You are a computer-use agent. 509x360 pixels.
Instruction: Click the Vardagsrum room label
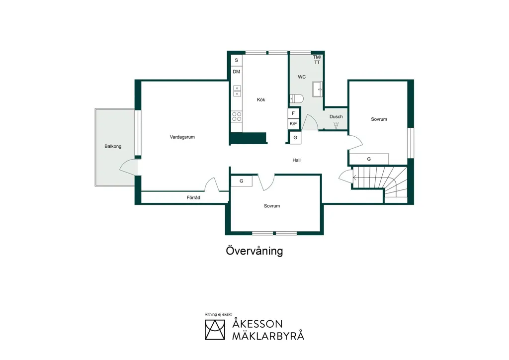click(x=182, y=137)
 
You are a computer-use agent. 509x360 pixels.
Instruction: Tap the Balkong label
click(x=113, y=146)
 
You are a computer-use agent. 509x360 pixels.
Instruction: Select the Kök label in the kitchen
click(x=260, y=99)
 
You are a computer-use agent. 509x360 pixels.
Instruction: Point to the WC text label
click(x=302, y=77)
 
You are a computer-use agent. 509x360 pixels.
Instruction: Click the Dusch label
click(x=336, y=116)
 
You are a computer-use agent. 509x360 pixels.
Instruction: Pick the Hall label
click(x=296, y=160)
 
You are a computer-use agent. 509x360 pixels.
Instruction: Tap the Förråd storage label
click(x=193, y=197)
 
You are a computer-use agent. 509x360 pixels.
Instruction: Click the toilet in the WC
click(x=296, y=98)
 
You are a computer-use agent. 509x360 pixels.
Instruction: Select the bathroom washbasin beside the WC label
click(x=318, y=90)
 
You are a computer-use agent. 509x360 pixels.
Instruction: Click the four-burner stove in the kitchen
click(x=237, y=116)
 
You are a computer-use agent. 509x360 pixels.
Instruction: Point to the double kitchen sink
click(x=237, y=91)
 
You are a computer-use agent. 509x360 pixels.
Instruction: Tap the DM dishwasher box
click(x=237, y=72)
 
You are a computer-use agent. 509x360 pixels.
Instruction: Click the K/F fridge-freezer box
click(x=293, y=124)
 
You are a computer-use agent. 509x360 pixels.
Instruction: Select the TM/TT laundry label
click(x=317, y=60)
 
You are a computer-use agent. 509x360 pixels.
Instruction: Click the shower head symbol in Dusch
click(x=336, y=126)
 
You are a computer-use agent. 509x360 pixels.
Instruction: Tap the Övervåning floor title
click(x=254, y=251)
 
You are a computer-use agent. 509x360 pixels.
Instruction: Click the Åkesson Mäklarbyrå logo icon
click(x=215, y=330)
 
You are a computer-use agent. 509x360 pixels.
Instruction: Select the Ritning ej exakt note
click(x=218, y=314)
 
